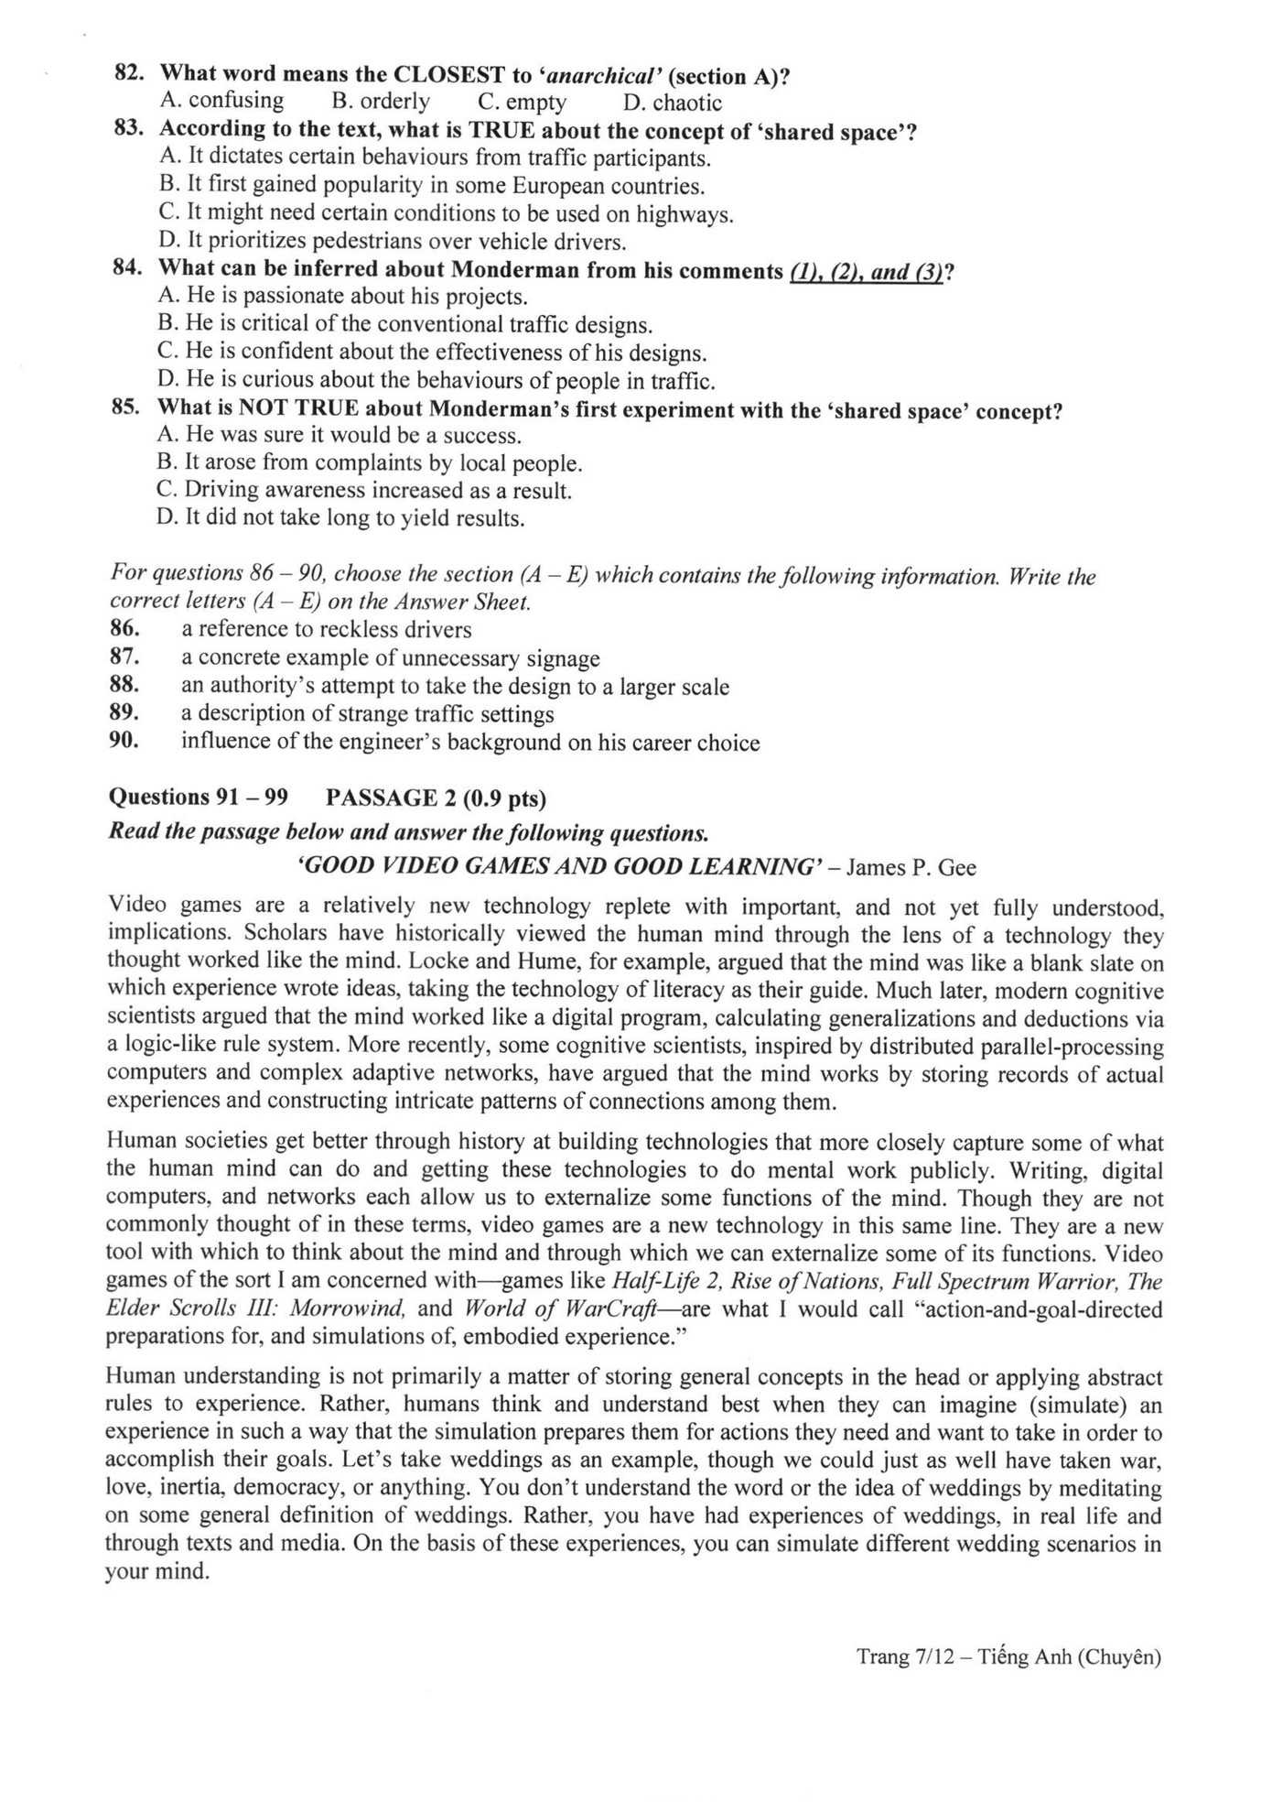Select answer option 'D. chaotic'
click(673, 103)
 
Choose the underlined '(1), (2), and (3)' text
click(866, 272)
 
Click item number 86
click(124, 629)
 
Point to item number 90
click(124, 741)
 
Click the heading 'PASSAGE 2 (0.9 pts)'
click(436, 798)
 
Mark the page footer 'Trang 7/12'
click(900, 1656)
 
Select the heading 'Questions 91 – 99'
click(198, 798)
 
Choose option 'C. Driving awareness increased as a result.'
click(364, 491)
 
